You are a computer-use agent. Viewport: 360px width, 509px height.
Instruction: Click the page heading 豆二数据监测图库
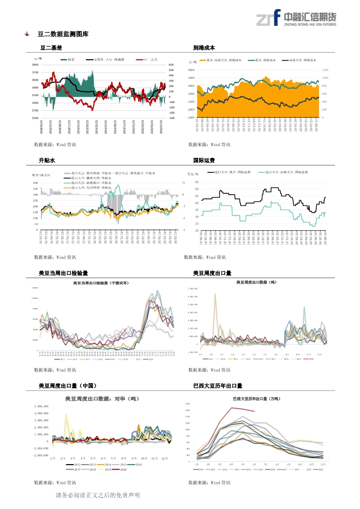[63, 34]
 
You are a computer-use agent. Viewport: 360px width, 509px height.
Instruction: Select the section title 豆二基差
[51, 48]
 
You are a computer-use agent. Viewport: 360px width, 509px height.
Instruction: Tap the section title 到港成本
[204, 48]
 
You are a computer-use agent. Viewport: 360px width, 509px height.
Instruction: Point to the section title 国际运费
[204, 160]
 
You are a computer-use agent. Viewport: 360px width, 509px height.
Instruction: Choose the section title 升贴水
[47, 160]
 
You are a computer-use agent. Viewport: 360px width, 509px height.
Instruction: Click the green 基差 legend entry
[68, 59]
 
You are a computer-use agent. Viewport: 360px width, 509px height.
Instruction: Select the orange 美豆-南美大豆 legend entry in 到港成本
[220, 60]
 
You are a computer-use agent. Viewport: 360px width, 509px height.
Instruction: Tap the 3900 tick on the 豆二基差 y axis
[35, 65]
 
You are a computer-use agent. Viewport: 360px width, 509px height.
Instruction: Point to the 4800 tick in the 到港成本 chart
[191, 70]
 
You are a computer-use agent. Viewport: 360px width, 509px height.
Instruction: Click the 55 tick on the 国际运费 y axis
[197, 182]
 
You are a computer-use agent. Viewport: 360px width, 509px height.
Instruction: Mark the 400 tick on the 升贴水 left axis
[35, 183]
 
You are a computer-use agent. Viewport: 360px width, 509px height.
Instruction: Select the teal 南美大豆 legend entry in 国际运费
[284, 172]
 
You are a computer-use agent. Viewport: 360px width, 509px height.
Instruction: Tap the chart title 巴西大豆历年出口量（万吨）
[256, 398]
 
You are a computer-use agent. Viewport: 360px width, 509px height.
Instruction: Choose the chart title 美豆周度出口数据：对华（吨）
[102, 399]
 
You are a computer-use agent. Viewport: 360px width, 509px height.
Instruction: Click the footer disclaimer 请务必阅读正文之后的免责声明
[97, 495]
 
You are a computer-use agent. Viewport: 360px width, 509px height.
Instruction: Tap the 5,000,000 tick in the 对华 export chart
[41, 406]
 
